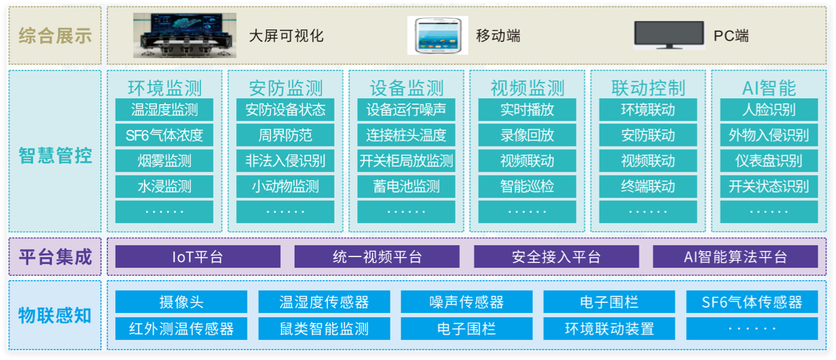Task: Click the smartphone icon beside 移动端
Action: point(437,35)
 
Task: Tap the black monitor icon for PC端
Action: point(669,35)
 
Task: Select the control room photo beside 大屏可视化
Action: point(184,35)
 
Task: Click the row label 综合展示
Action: point(55,36)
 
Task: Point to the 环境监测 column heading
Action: point(165,88)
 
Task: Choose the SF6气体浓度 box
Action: point(165,135)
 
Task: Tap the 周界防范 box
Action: point(285,135)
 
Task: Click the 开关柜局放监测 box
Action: point(406,161)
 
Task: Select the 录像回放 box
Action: point(527,135)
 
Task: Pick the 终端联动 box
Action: point(648,186)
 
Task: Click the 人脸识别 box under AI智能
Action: point(769,110)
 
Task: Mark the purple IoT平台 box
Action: point(198,257)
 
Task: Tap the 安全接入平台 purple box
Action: point(556,257)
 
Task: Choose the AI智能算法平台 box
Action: point(735,257)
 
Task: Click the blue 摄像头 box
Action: point(182,302)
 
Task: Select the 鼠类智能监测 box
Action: point(324,328)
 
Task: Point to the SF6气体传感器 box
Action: point(752,302)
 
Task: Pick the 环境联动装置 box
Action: point(609,328)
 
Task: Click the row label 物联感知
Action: point(55,315)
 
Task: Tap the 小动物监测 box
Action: point(285,186)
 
